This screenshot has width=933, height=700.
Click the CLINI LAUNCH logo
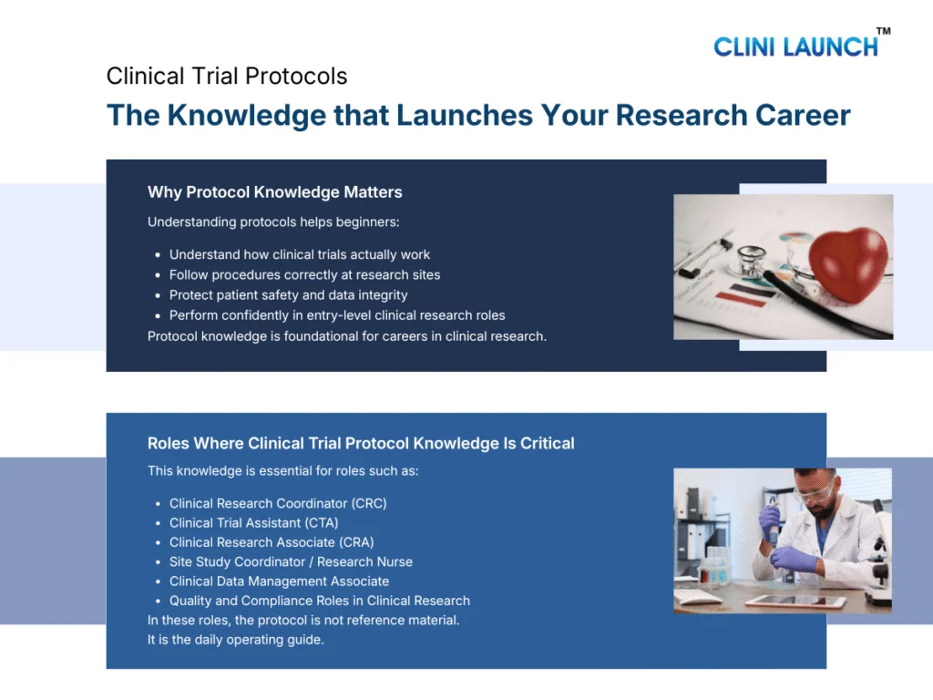(x=795, y=46)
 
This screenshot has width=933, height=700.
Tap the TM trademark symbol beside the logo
(x=883, y=32)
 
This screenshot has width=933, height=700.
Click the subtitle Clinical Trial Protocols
(x=227, y=76)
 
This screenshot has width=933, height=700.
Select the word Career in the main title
(x=803, y=115)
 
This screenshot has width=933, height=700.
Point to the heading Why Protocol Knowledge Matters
(x=274, y=192)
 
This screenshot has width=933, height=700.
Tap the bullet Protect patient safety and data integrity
(x=288, y=295)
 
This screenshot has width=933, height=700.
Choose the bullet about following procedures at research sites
(x=304, y=275)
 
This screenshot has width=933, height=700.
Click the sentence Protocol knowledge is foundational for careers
(x=347, y=335)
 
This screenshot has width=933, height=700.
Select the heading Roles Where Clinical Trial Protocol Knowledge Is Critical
(x=361, y=444)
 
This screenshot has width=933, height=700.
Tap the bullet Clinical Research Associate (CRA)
(x=272, y=542)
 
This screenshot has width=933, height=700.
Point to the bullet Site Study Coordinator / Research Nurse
(x=291, y=562)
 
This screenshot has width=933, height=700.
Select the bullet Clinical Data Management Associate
(x=279, y=582)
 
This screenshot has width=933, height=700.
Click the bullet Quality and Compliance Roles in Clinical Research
(x=319, y=601)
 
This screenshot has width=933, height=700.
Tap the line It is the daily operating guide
(x=236, y=639)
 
